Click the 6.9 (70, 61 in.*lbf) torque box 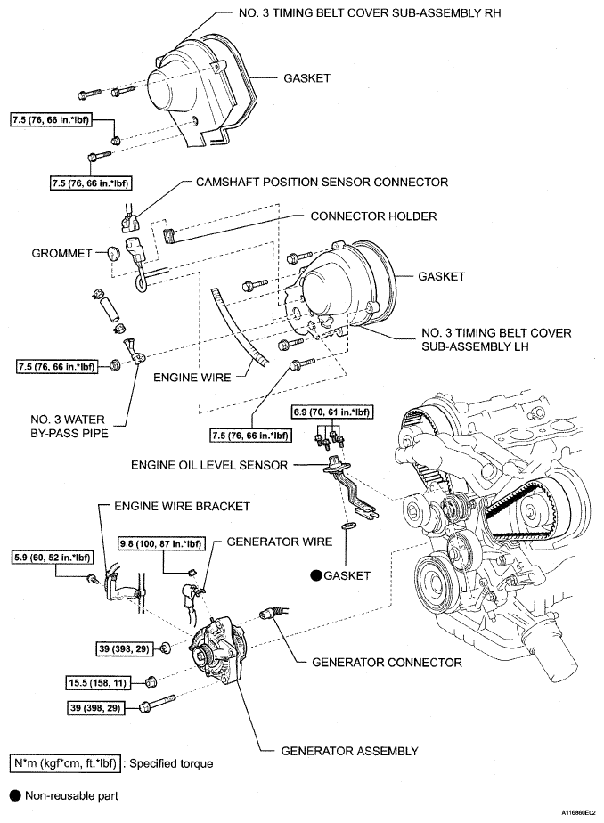click(x=331, y=412)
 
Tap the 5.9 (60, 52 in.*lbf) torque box click(x=52, y=558)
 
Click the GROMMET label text click(x=62, y=253)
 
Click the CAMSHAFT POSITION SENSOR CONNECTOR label click(x=322, y=183)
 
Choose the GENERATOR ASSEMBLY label click(x=349, y=751)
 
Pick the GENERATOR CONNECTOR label click(x=386, y=662)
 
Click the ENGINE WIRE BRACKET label click(x=183, y=505)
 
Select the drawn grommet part click(x=113, y=254)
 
